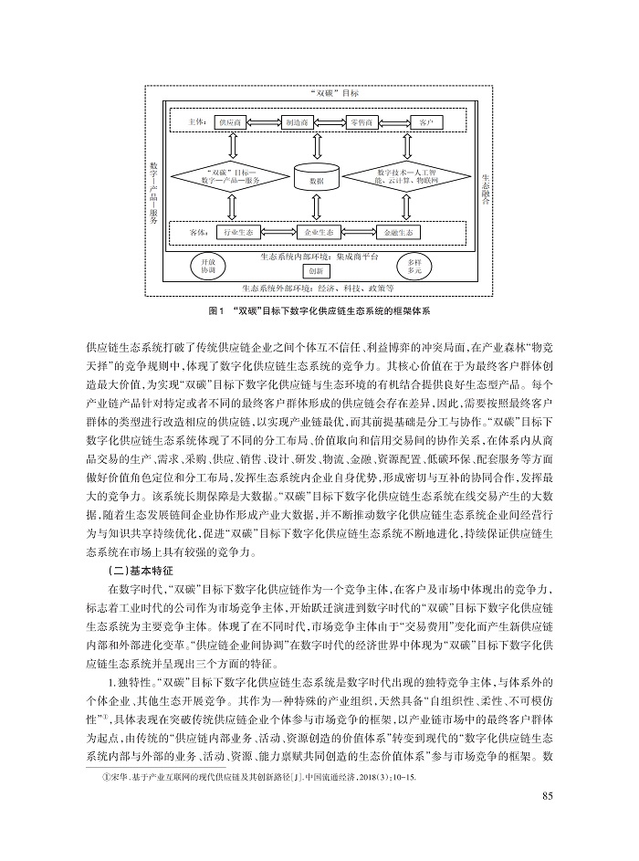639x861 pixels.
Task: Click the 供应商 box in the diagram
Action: tap(228, 122)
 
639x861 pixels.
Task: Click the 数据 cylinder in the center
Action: tap(317, 177)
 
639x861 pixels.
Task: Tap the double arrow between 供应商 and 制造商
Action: tap(263, 122)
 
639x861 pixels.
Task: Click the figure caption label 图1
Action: tap(217, 310)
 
